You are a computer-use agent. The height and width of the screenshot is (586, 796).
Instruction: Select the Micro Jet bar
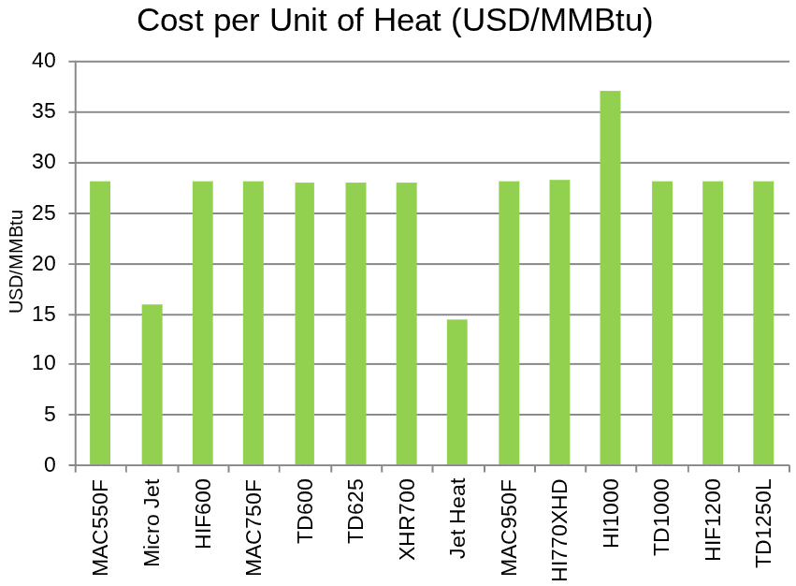pyautogui.click(x=152, y=385)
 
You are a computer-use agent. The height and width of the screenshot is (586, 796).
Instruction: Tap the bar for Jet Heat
pyautogui.click(x=456, y=392)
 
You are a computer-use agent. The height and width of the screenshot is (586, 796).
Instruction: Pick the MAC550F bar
pyautogui.click(x=100, y=323)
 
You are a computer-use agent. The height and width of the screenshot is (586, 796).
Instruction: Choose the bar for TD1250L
pyautogui.click(x=763, y=323)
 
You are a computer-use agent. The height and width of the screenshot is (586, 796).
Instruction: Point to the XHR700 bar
pyautogui.click(x=406, y=324)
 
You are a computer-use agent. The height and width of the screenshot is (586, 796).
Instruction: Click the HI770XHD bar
pyautogui.click(x=559, y=322)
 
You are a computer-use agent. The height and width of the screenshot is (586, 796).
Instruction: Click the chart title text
pyautogui.click(x=395, y=21)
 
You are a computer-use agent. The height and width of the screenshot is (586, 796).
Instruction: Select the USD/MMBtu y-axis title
pyautogui.click(x=16, y=263)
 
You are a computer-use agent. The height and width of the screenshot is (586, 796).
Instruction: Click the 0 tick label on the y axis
pyautogui.click(x=51, y=465)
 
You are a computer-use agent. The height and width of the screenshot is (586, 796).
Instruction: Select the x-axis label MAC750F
pyautogui.click(x=253, y=529)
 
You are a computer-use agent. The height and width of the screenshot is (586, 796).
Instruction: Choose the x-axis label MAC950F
pyautogui.click(x=509, y=529)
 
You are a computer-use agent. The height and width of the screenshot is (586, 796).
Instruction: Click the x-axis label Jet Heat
pyautogui.click(x=457, y=519)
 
